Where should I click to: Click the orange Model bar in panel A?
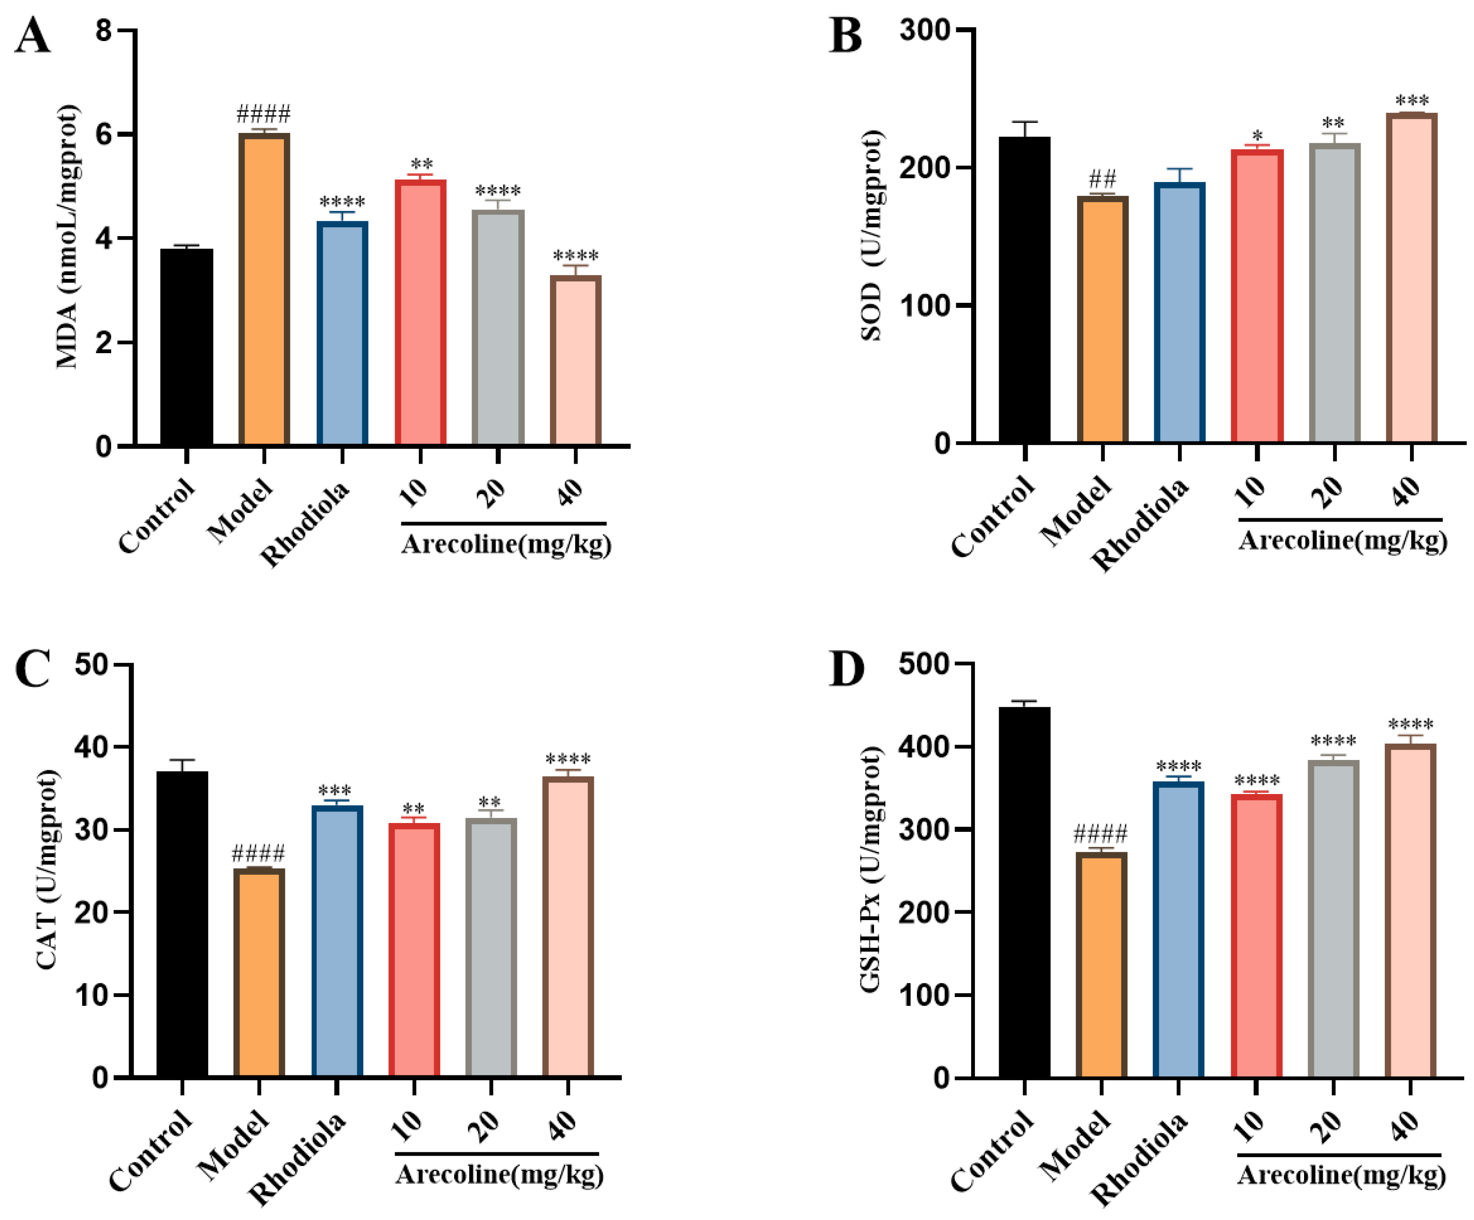pyautogui.click(x=264, y=289)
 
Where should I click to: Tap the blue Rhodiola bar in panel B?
pyautogui.click(x=1179, y=312)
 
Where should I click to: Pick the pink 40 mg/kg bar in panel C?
pyautogui.click(x=568, y=926)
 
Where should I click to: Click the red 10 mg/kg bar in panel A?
pyautogui.click(x=420, y=312)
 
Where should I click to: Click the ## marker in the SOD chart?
pyautogui.click(x=1102, y=178)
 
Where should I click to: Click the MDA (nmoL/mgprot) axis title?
pyautogui.click(x=68, y=237)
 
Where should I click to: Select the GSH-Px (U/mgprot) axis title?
pyautogui.click(x=870, y=870)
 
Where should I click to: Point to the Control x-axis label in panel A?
pyautogui.click(x=156, y=516)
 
